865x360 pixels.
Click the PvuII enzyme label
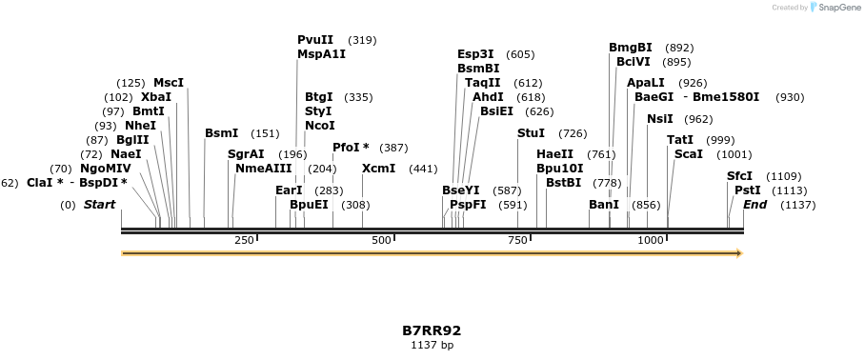315,40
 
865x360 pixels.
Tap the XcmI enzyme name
378,169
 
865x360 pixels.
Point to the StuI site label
531,132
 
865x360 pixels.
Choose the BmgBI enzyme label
631,48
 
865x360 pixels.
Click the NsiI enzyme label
659,119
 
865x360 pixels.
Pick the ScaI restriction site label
688,154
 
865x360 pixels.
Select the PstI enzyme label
747,190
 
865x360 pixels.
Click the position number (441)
422,169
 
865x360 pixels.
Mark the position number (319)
362,40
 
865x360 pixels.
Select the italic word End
754,205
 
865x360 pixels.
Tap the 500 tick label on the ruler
382,240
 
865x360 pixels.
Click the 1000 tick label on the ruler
651,240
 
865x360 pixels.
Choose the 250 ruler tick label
244,240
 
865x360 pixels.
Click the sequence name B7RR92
432,330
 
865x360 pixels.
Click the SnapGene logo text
838,8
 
